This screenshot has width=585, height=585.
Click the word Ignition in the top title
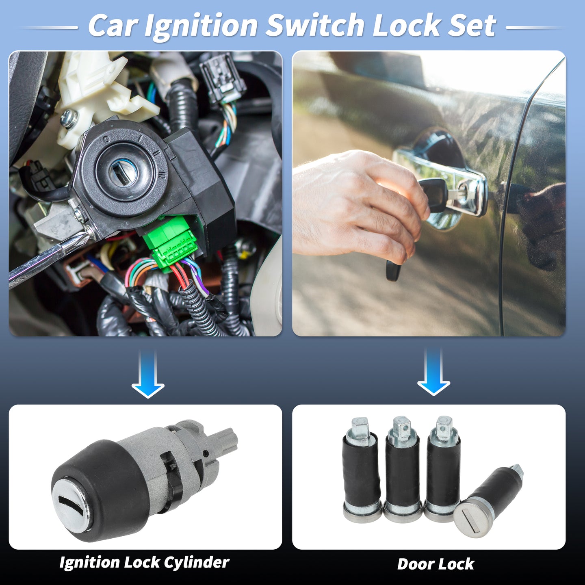[201, 27]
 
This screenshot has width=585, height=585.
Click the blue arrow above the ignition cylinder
[148, 373]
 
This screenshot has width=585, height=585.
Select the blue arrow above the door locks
[433, 372]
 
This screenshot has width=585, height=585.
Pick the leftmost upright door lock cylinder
[362, 470]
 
